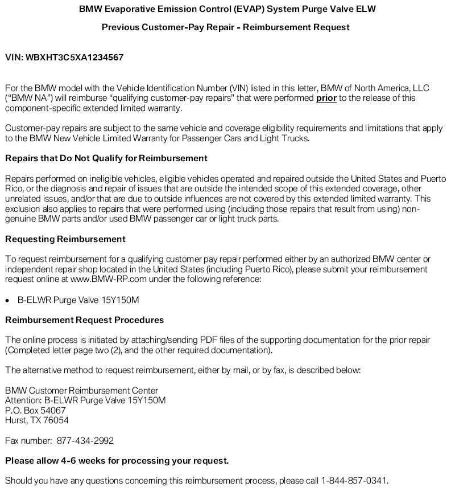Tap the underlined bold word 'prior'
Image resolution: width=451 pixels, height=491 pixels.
pyautogui.click(x=326, y=99)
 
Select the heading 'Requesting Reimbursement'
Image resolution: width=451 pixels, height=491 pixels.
pyautogui.click(x=65, y=239)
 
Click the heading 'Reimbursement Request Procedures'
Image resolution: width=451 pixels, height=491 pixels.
pyautogui.click(x=84, y=320)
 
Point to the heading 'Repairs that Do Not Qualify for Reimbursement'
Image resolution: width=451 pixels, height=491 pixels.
pyautogui.click(x=106, y=158)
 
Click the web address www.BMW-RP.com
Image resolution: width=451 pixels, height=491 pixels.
pyautogui.click(x=104, y=279)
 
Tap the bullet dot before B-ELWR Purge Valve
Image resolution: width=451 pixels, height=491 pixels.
pyautogui.click(x=8, y=300)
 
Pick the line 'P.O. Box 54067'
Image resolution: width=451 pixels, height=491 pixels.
pyautogui.click(x=35, y=410)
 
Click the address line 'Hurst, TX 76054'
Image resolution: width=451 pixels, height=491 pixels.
pyautogui.click(x=37, y=420)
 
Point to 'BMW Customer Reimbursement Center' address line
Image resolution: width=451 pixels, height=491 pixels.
pyautogui.click(x=81, y=390)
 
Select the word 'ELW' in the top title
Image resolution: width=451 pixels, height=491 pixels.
pyautogui.click(x=367, y=9)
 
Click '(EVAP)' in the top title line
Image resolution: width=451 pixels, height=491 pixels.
pyautogui.click(x=243, y=9)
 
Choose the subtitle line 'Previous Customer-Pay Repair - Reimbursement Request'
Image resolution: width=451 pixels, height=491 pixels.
pyautogui.click(x=225, y=27)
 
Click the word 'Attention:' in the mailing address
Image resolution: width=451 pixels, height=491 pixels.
pyautogui.click(x=23, y=400)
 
